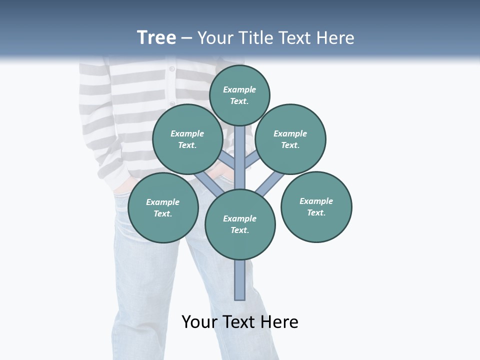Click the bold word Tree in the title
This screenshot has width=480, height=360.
(156, 38)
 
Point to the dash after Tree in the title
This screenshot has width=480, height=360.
(187, 38)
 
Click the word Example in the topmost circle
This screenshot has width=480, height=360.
(239, 90)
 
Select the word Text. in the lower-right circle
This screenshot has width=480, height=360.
(316, 213)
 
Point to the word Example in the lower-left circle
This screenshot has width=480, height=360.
(162, 202)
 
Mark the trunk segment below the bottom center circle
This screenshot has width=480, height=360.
(240, 280)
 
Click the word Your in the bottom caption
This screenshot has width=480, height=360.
(200, 322)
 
